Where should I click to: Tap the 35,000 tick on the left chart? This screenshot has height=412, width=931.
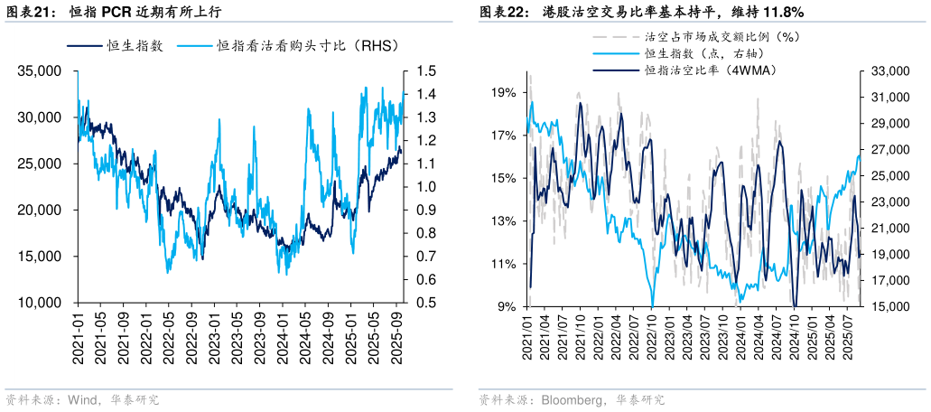40,70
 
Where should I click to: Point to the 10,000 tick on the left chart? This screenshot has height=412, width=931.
40,303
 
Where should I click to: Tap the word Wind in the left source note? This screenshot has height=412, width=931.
83,399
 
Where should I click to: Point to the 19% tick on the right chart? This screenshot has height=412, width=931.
504,92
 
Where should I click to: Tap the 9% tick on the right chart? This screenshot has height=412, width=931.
507,306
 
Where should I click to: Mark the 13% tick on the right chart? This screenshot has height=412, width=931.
504,220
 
